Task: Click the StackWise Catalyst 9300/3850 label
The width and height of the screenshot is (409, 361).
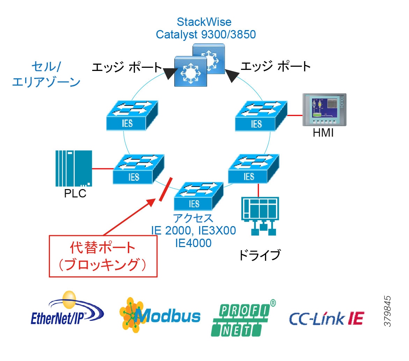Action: [x=204, y=28]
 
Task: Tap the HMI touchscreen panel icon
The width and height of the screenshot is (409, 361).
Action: [x=324, y=109]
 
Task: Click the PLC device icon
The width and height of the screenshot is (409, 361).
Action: [x=74, y=168]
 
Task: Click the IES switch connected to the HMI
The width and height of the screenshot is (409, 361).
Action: [x=260, y=117]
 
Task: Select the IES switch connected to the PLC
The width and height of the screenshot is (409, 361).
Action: [x=138, y=169]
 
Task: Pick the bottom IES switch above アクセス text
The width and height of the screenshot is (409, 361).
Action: [x=198, y=195]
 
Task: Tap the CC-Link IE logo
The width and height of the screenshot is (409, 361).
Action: [x=327, y=318]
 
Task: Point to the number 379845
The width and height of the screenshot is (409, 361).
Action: [x=387, y=311]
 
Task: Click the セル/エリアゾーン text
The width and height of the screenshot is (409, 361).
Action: [x=46, y=74]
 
